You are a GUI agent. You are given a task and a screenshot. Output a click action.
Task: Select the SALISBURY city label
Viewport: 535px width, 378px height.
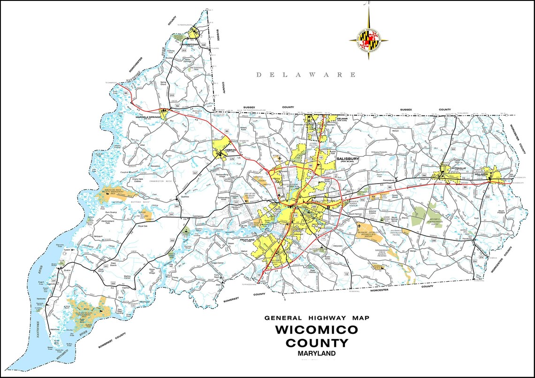pos(347,159)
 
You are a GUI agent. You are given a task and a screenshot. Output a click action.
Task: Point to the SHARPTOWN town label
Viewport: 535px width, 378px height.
pos(197,45)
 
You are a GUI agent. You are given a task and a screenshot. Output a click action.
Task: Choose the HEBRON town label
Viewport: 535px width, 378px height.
pos(222,150)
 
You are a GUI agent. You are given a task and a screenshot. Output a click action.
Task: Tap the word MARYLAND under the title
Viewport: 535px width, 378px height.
pos(316,354)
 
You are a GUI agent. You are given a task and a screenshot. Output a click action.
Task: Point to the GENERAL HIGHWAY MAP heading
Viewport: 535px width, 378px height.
pos(316,318)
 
